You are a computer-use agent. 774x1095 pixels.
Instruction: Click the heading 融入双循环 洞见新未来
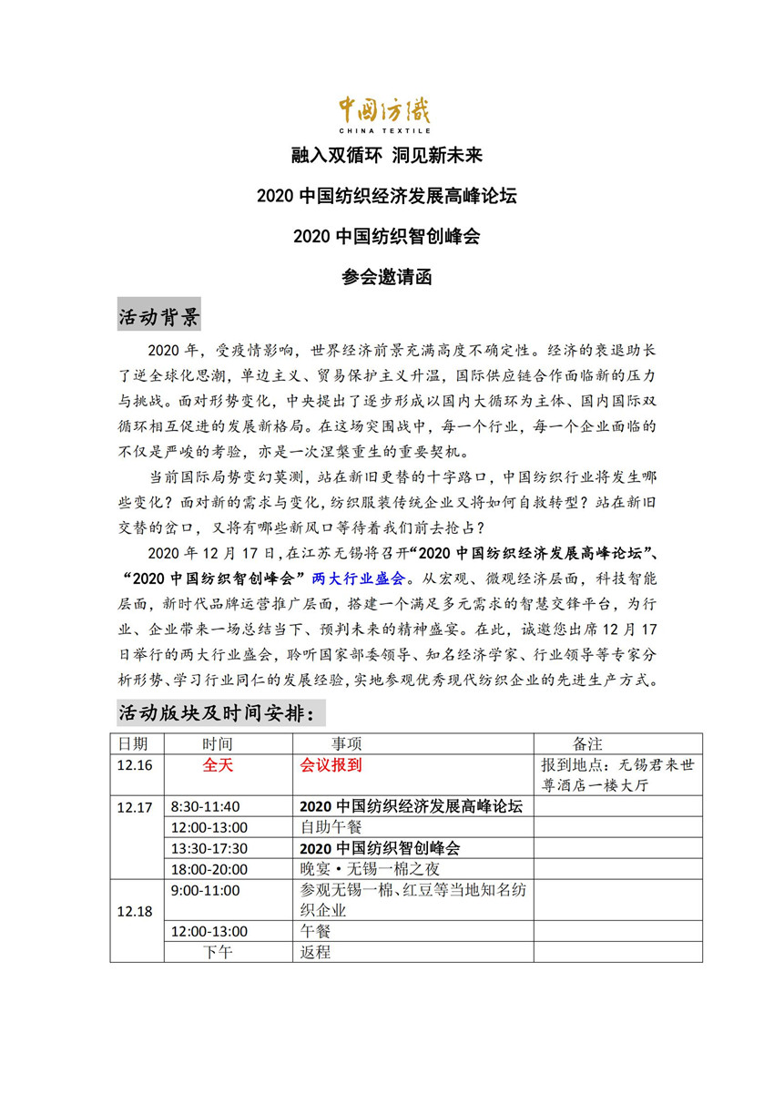click(386, 157)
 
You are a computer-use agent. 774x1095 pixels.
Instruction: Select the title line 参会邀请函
click(386, 277)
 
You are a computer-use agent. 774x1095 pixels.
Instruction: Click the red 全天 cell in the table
click(218, 765)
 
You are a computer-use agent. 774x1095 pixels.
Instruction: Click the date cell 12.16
click(135, 765)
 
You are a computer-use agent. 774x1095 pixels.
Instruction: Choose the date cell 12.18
click(135, 911)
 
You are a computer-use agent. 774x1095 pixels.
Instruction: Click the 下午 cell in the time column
click(218, 952)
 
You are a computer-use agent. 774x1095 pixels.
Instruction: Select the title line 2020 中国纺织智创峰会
click(386, 237)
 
